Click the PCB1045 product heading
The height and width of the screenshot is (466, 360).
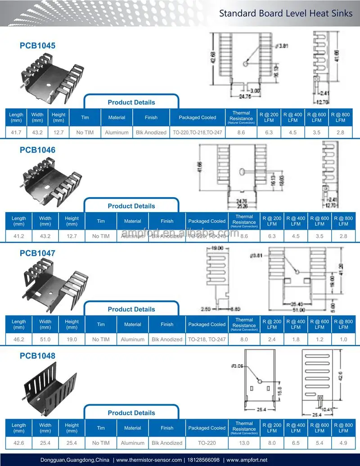click(37, 45)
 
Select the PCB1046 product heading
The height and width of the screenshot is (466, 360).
click(37, 150)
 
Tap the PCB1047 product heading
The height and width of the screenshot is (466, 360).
click(37, 253)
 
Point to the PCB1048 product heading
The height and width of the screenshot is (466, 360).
click(37, 356)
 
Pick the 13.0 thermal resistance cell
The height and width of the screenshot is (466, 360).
click(244, 443)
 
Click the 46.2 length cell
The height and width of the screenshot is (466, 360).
click(19, 339)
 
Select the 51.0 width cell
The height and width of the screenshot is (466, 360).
click(45, 339)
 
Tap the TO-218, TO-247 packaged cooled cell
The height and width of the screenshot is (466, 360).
click(207, 339)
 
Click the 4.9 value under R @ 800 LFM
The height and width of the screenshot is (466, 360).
click(343, 443)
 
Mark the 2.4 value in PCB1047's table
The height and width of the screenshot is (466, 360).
click(272, 339)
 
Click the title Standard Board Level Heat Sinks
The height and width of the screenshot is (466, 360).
click(286, 13)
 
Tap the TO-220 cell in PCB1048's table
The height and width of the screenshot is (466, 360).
click(207, 443)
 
